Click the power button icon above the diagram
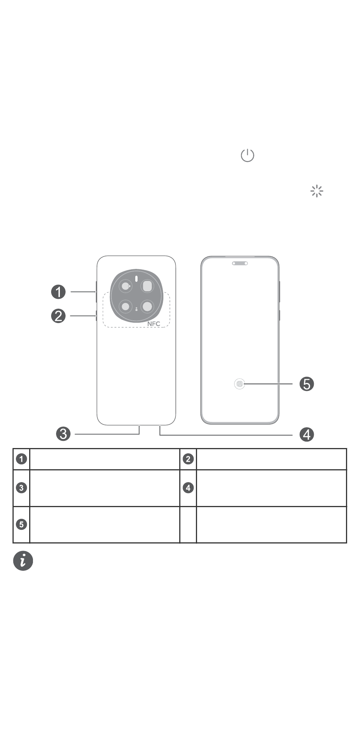[247, 155]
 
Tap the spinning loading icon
[317, 191]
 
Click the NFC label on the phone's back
[153, 324]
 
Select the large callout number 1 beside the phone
[58, 292]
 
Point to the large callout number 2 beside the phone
[58, 316]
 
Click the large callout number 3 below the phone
[63, 434]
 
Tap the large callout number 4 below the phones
[307, 434]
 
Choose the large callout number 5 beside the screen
[307, 384]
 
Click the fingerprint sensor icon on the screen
[239, 384]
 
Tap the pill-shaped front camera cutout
[240, 263]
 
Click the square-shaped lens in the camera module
[147, 286]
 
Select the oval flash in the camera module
[136, 282]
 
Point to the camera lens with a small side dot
[125, 286]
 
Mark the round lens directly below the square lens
[147, 306]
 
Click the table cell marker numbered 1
[22, 459]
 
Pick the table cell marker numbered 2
[188, 459]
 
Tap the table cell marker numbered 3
[22, 488]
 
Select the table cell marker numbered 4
[188, 488]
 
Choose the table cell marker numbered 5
[22, 525]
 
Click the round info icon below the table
[23, 561]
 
